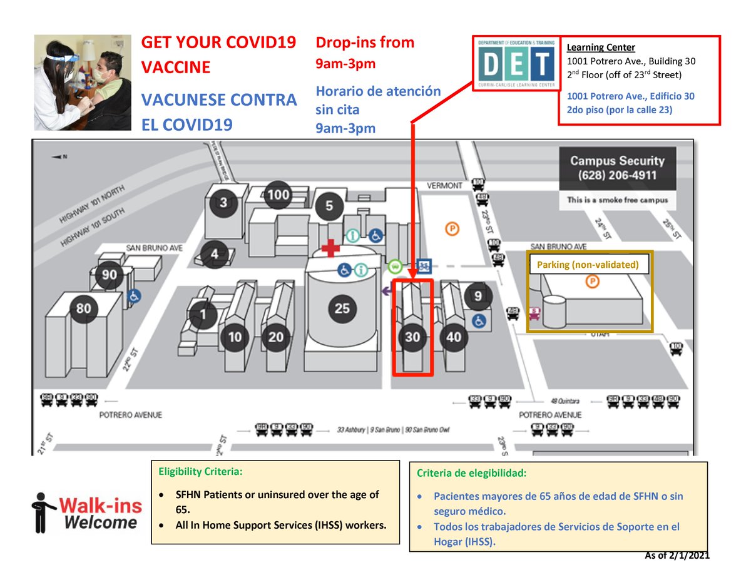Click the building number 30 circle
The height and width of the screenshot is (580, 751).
(x=412, y=337)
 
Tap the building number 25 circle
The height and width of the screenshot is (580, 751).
(x=342, y=308)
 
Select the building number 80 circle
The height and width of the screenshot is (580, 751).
(x=84, y=308)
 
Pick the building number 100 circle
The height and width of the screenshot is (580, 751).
(x=278, y=195)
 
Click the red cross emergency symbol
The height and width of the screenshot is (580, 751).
(x=329, y=249)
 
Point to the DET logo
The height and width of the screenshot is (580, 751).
(x=515, y=63)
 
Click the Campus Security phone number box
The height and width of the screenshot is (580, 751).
(x=616, y=168)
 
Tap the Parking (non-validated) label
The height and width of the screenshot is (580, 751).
(x=588, y=265)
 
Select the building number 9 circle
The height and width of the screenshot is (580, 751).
(x=478, y=295)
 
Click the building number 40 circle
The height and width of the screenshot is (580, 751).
(x=454, y=337)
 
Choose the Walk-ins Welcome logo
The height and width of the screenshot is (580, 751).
(x=87, y=512)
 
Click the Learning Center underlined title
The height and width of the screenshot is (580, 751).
(x=601, y=48)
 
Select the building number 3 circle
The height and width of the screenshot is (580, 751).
(x=223, y=203)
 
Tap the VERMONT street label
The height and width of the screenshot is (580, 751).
(x=444, y=185)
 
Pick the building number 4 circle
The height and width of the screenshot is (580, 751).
(x=215, y=255)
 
